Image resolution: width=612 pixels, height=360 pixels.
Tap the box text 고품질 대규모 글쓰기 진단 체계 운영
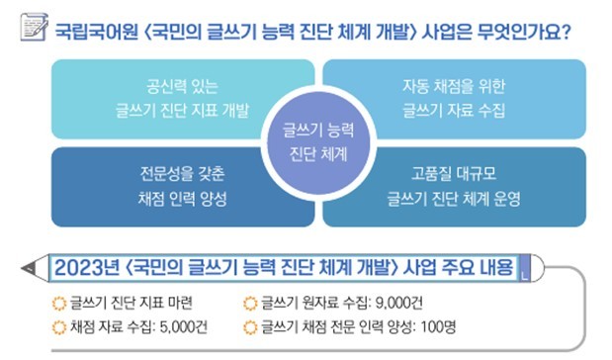[454, 185]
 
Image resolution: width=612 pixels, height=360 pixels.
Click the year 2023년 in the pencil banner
[86, 267]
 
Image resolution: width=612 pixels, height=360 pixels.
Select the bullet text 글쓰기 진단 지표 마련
[135, 300]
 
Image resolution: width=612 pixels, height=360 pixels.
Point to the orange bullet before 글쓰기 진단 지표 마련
[56, 300]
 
